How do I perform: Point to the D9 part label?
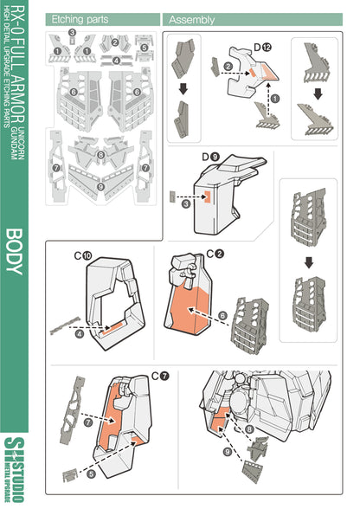pos(210,155)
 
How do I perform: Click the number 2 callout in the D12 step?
pos(227,66)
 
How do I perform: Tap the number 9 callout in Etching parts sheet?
pos(102,185)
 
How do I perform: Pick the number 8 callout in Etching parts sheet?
pos(101,156)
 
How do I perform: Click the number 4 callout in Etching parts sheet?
pos(116,61)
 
